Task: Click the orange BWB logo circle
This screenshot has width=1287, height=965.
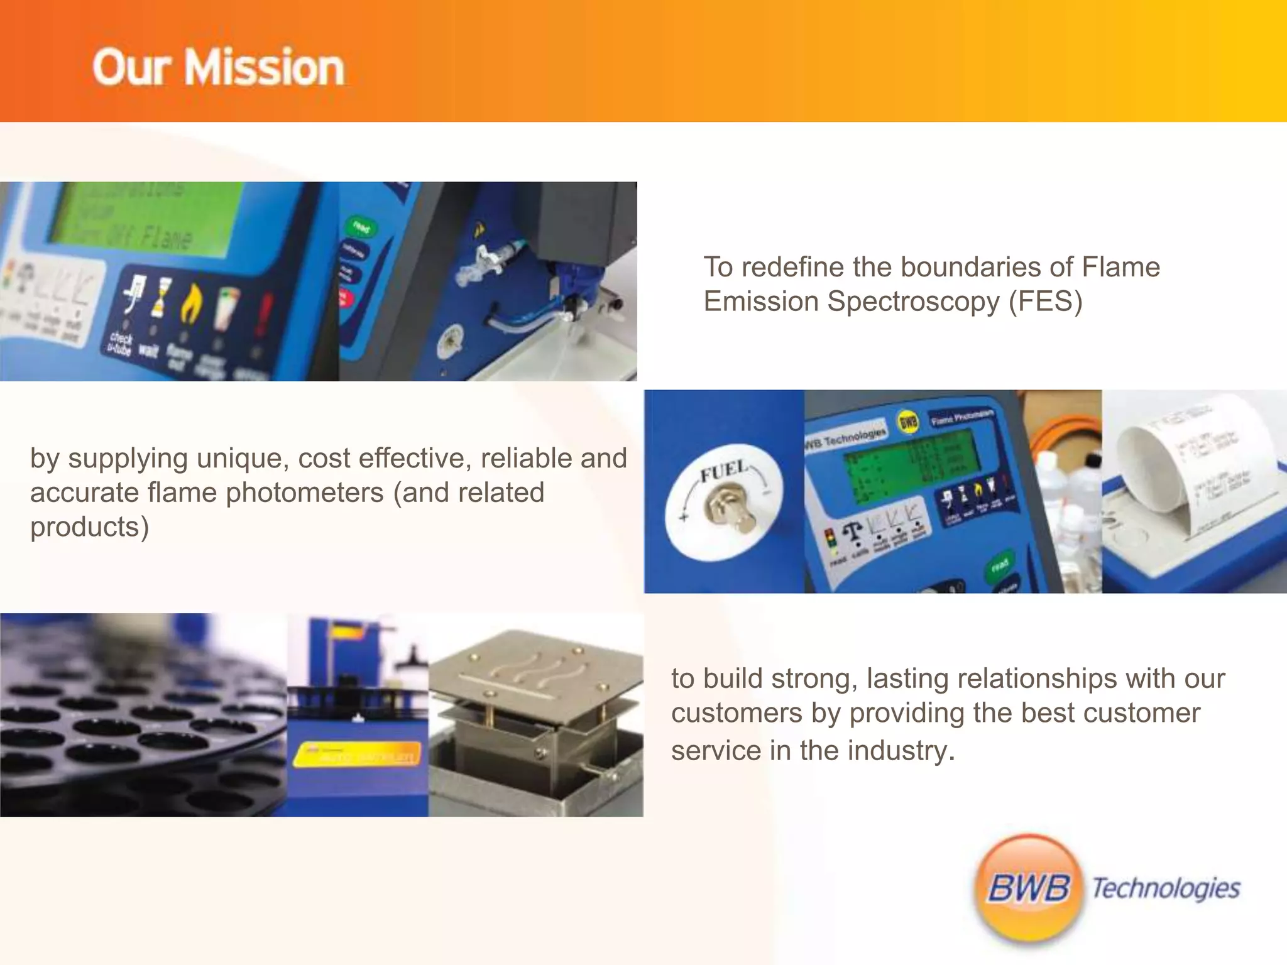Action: click(1029, 888)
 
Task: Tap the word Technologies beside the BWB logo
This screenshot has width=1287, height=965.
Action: click(1166, 888)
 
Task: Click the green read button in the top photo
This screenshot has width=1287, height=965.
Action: click(361, 227)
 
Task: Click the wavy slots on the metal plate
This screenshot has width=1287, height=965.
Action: click(534, 672)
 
